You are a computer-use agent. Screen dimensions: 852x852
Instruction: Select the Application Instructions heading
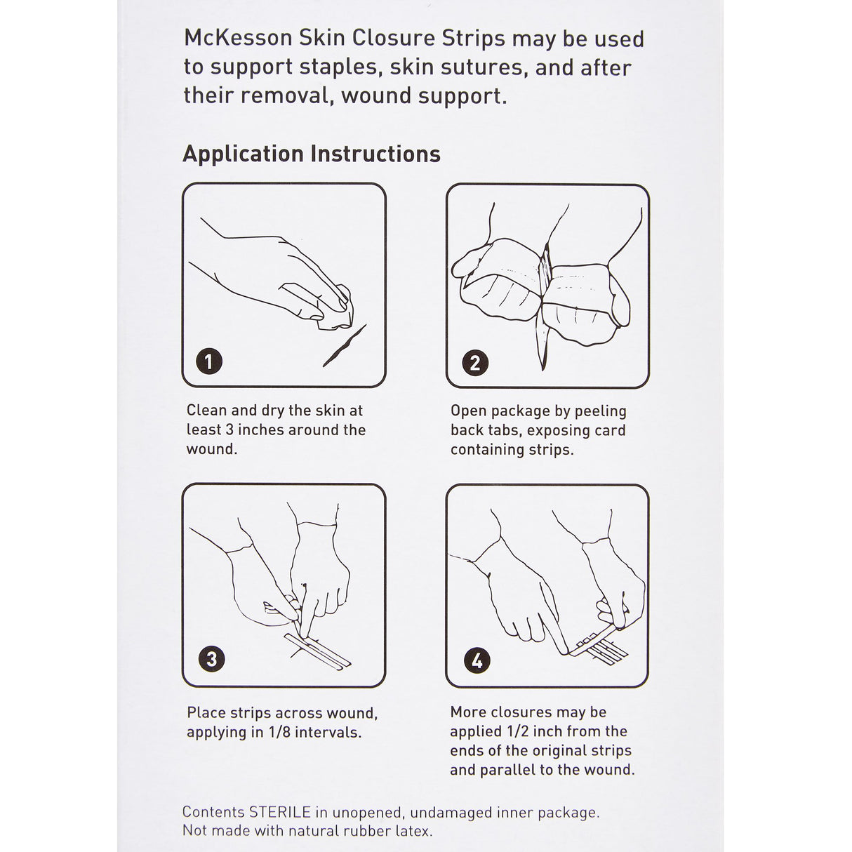coord(312,154)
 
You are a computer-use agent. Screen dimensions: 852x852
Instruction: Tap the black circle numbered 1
coord(208,361)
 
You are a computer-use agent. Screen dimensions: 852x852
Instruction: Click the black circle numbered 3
coord(211,659)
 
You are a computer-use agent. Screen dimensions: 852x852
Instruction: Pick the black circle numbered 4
coord(477,660)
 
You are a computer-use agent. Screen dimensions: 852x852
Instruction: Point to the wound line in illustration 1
coord(344,347)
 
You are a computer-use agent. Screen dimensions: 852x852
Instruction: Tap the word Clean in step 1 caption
coord(207,411)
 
